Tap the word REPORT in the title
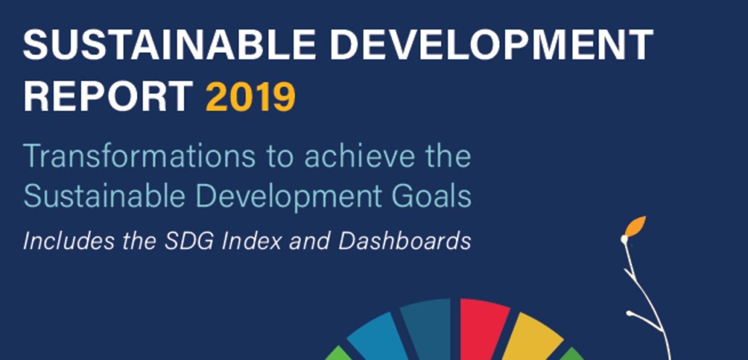tap(108, 97)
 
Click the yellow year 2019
tap(251, 97)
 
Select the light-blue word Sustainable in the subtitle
tap(104, 195)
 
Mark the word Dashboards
tap(405, 242)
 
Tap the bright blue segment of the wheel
tap(376, 338)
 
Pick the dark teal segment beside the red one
tap(427, 329)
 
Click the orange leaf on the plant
tap(636, 226)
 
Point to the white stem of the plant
tap(642, 296)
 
